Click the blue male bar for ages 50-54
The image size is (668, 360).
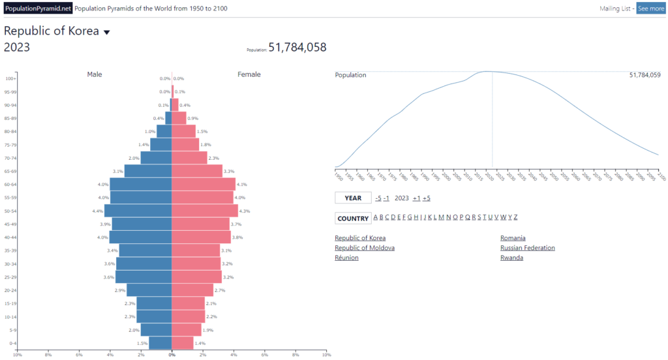138,211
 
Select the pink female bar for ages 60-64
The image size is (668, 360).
204,184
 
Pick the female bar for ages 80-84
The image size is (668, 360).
184,131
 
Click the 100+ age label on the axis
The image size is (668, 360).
11,78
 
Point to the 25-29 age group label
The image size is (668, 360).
10,277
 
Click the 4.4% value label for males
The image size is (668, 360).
98,211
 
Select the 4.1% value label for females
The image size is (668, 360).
241,185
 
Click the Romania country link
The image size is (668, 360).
513,238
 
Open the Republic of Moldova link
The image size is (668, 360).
365,248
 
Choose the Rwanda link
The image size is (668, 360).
511,258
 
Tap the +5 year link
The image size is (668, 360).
426,198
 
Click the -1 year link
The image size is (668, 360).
386,198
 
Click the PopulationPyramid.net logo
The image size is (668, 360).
37,8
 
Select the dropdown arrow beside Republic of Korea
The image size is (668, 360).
107,32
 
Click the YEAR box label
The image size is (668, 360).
353,198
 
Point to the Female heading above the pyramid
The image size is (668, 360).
249,74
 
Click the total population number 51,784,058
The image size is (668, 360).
297,48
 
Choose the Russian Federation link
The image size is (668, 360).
528,248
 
